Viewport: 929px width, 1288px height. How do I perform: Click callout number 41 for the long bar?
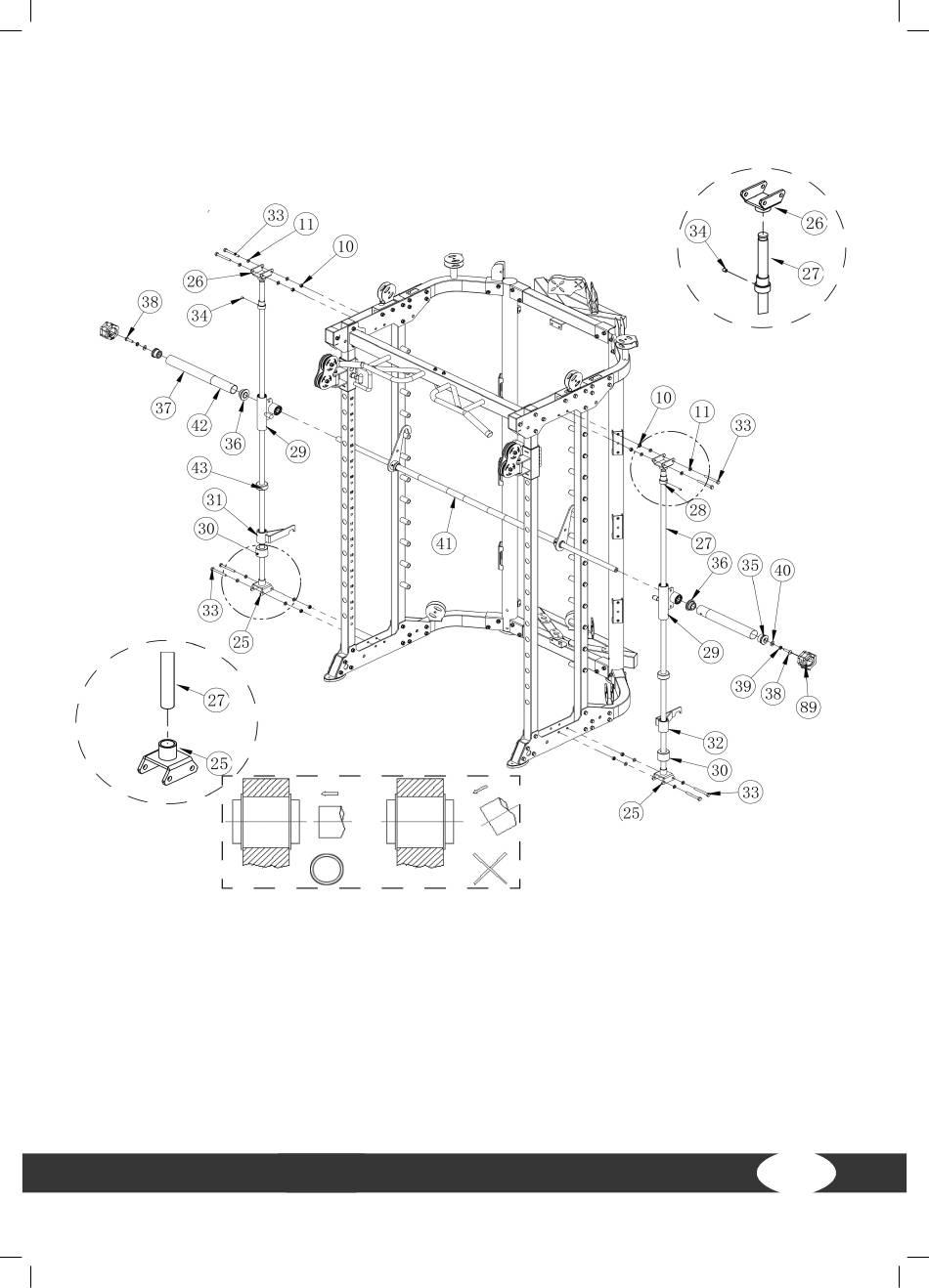(445, 542)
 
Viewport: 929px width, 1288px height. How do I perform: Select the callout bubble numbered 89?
(808, 707)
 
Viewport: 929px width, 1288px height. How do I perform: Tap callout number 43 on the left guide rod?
(199, 468)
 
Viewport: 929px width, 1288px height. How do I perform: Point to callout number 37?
(163, 408)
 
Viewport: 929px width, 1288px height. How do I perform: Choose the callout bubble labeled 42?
(199, 425)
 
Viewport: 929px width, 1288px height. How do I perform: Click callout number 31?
(214, 499)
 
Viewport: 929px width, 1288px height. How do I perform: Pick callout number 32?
(715, 743)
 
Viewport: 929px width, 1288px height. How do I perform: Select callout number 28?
(698, 509)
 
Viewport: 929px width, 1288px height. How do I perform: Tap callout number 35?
(750, 565)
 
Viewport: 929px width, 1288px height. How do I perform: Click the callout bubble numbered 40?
(782, 570)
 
